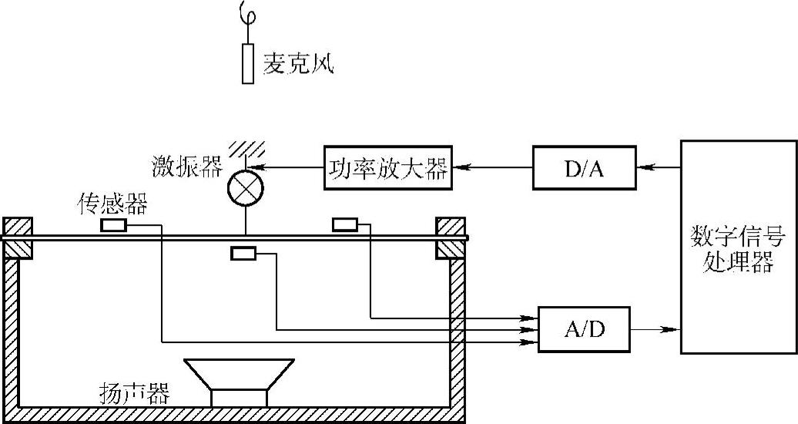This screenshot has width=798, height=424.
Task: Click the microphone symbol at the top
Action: coord(247,62)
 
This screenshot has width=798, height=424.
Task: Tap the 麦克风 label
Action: coord(297,62)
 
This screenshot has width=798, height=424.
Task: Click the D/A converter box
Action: coord(584,167)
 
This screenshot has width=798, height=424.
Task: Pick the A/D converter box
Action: coord(583,329)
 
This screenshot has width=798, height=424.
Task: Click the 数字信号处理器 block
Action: coord(738,247)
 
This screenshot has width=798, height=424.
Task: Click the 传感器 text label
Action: coord(112,204)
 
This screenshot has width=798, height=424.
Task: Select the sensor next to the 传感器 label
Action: coord(113,225)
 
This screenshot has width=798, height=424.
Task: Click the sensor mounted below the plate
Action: coord(243,254)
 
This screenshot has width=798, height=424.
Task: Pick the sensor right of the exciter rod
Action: coord(344,224)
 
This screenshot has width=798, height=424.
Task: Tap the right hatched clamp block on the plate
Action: coord(450,237)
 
